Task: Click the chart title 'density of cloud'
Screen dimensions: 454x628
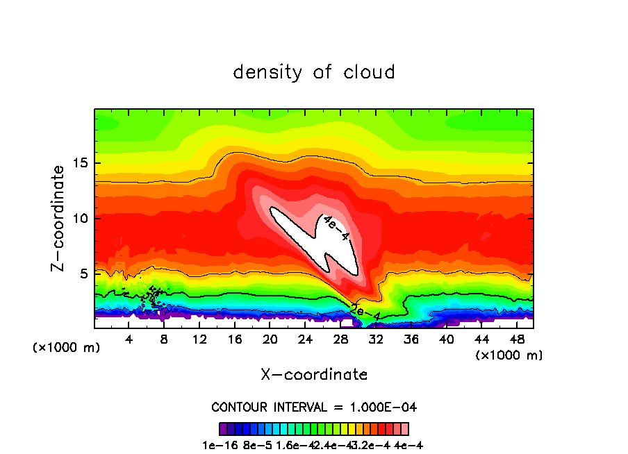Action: tap(314, 72)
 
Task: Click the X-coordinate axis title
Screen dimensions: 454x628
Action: tap(314, 375)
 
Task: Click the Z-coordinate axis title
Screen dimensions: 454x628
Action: tap(60, 218)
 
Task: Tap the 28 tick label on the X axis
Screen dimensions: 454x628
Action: tap(340, 339)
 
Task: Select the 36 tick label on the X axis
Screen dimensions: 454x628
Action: tap(411, 339)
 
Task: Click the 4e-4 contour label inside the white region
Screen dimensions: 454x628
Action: tap(336, 228)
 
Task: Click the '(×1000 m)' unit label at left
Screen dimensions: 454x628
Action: tap(66, 347)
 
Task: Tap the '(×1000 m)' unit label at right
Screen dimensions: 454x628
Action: tap(509, 355)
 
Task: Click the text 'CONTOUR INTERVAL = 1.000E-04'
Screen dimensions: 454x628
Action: tap(314, 407)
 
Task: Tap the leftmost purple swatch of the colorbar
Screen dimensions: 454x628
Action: tap(223, 429)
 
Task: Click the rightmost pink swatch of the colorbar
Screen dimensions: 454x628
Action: tap(404, 429)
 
